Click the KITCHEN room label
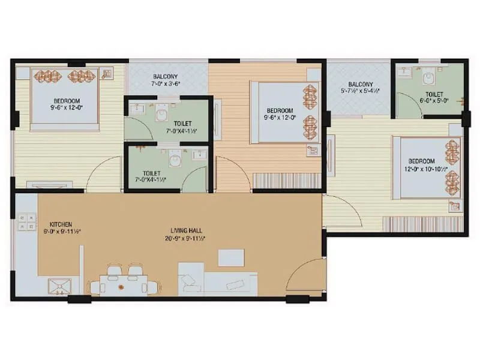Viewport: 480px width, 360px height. [61, 225]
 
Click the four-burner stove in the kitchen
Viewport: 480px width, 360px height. [26, 222]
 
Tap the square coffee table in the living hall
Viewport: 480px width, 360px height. [231, 257]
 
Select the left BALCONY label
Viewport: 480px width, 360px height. [165, 77]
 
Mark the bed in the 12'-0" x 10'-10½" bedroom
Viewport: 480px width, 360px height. [427, 167]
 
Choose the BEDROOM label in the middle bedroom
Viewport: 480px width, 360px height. [280, 111]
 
